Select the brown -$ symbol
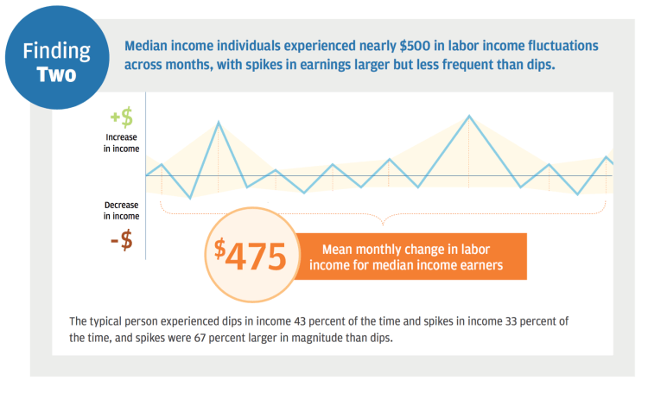122,241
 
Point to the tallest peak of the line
468,116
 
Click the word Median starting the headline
149,44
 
